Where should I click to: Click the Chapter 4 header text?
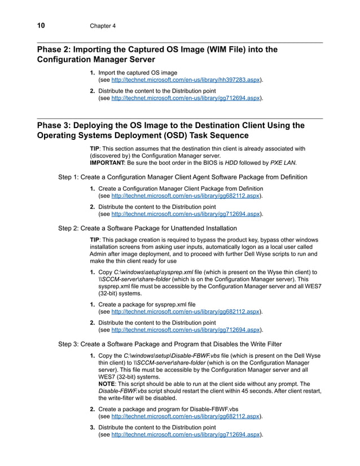pyautogui.click(x=103, y=26)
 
